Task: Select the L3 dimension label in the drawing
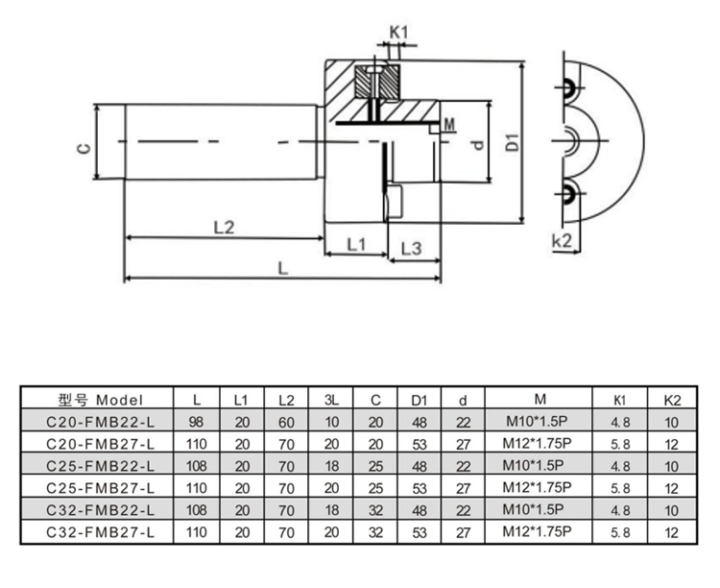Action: click(411, 247)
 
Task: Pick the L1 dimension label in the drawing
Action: click(355, 245)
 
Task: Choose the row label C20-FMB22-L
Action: click(99, 421)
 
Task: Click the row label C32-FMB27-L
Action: click(99, 530)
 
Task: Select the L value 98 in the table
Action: click(197, 421)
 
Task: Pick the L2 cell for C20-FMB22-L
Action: click(286, 421)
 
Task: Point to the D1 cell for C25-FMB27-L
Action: click(419, 487)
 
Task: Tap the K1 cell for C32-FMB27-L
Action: click(620, 530)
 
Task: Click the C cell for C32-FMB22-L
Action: click(375, 508)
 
